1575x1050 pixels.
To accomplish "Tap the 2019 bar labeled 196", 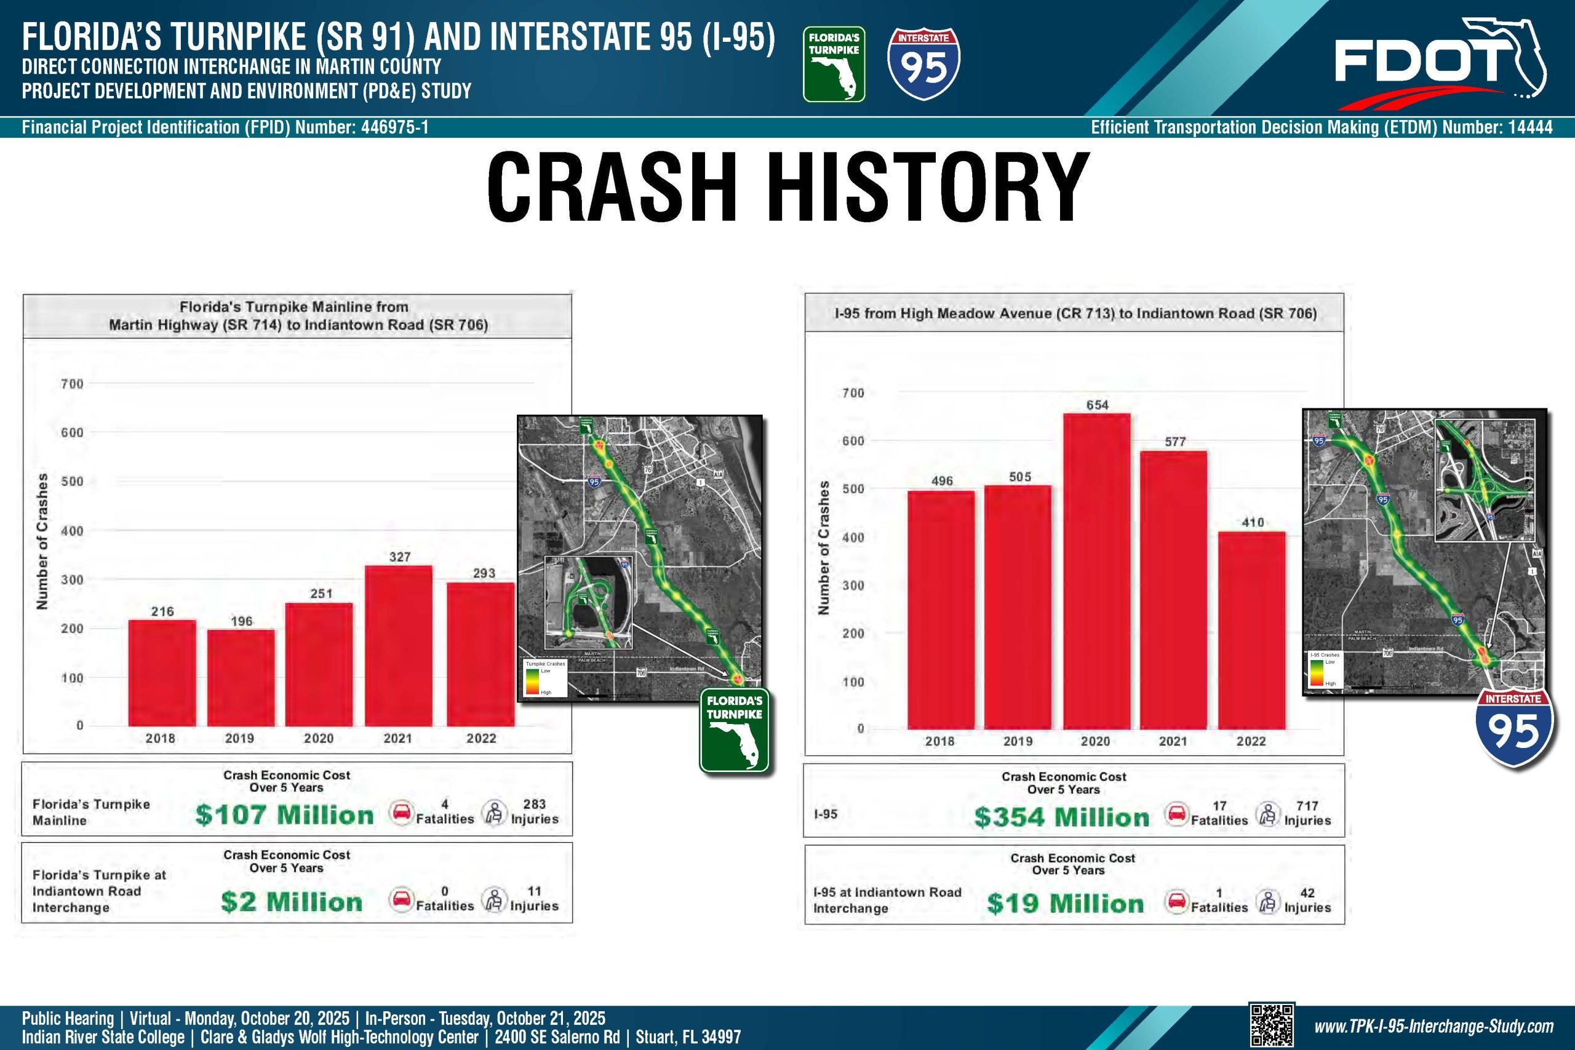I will coord(241,677).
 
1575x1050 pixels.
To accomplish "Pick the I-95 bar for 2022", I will coord(1251,629).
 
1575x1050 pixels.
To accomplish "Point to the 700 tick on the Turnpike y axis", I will coord(73,384).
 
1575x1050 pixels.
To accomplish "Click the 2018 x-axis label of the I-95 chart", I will coord(939,741).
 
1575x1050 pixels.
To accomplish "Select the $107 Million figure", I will coord(285,815).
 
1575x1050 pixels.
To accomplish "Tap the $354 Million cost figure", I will coord(1061,817).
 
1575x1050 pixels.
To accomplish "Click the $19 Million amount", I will coord(1065,904).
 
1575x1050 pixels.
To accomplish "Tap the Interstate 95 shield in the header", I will coord(923,63).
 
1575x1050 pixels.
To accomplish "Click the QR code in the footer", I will coord(1271,1025).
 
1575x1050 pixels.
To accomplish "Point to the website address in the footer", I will coord(1433,1027).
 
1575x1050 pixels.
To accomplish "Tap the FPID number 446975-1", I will coord(394,127).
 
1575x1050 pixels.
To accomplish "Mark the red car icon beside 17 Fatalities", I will coord(1176,814).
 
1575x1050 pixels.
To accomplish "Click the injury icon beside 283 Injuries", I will coord(494,813).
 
